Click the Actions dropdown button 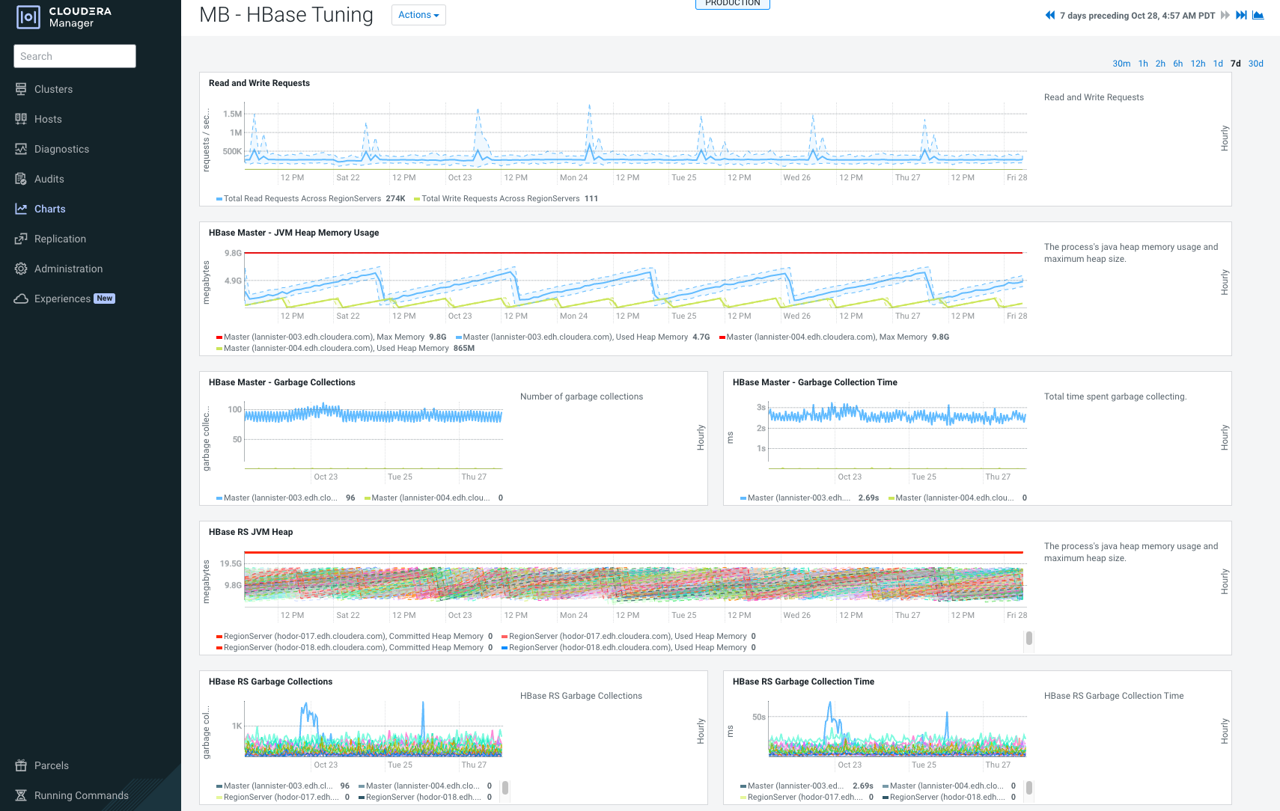(418, 15)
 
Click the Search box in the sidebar (75, 56)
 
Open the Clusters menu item (53, 89)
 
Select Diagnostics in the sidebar (61, 149)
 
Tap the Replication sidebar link (60, 239)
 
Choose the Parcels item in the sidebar (51, 765)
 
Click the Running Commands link (81, 795)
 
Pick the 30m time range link (1121, 64)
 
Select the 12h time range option (1198, 64)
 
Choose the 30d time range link (1255, 64)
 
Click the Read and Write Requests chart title (259, 83)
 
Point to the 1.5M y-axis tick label (232, 114)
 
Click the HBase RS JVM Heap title (251, 532)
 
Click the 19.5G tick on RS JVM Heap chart (231, 563)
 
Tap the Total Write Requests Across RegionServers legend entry (500, 198)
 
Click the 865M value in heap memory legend (464, 348)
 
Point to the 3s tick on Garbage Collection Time (761, 407)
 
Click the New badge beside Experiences (105, 299)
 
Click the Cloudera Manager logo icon (28, 16)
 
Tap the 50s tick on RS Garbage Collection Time (759, 717)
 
